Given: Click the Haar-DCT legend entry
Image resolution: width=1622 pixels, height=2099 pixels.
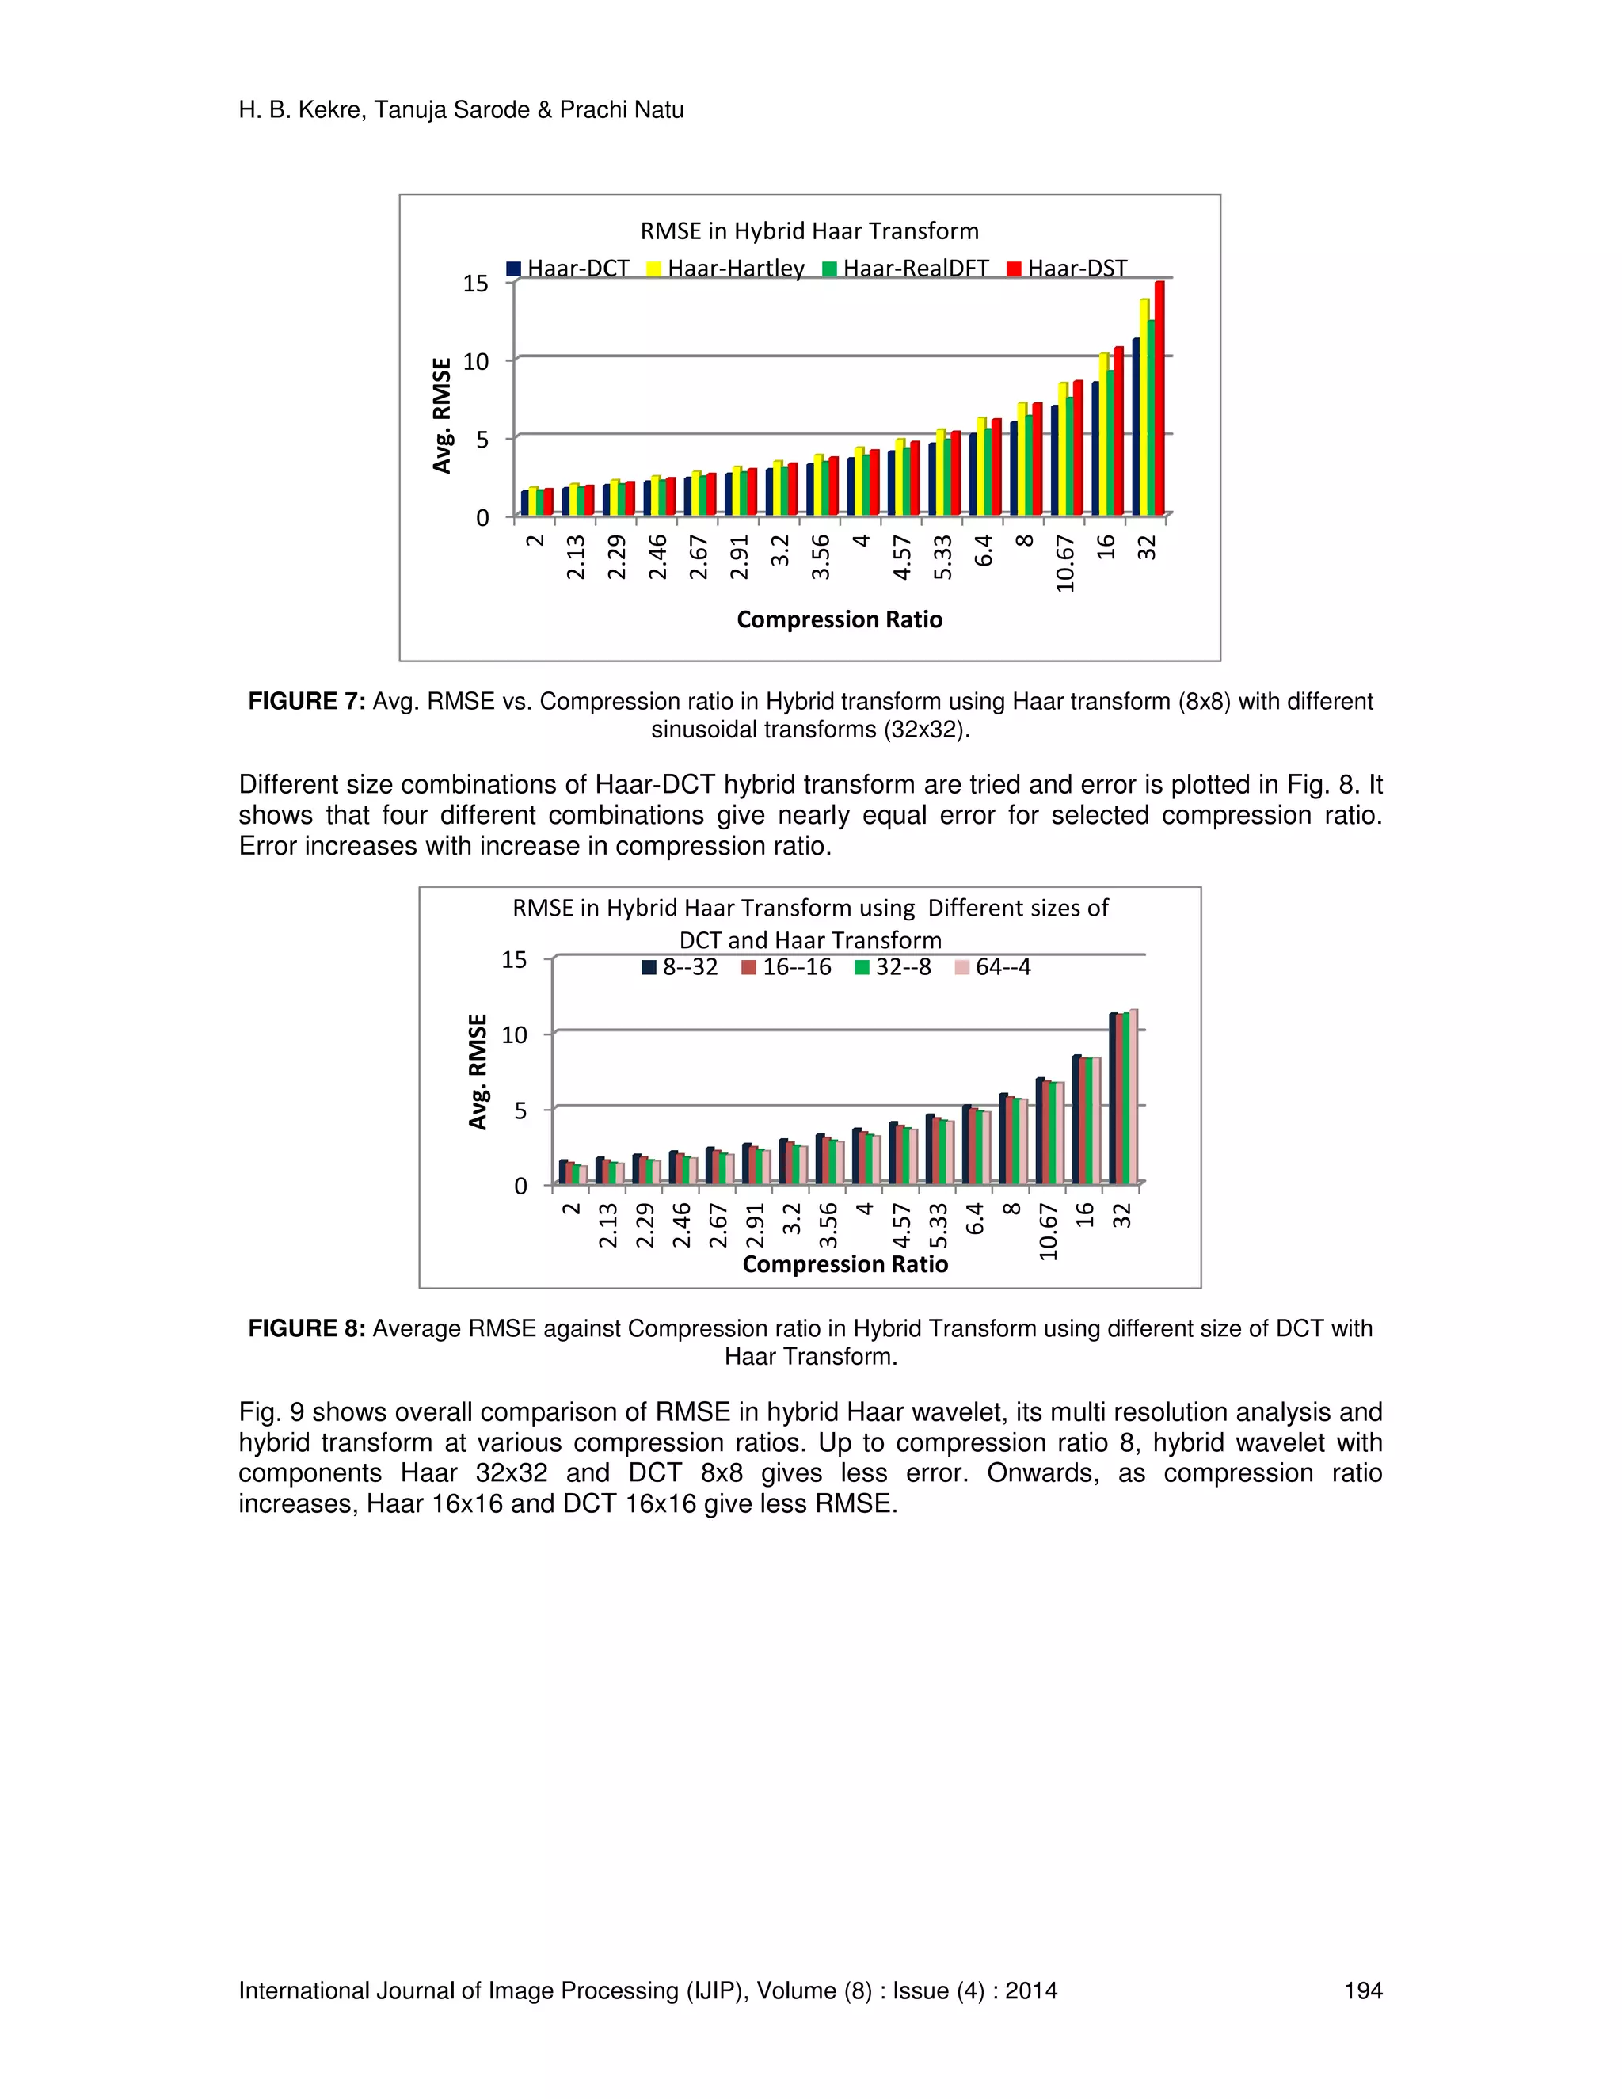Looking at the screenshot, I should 568,269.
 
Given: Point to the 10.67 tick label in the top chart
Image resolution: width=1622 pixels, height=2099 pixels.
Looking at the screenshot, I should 1064,564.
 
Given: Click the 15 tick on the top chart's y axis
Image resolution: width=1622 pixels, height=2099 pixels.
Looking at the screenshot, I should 476,284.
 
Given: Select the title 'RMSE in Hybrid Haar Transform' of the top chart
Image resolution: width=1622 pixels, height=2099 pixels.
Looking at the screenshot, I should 809,230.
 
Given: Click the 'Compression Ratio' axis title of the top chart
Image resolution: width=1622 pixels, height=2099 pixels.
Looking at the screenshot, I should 839,620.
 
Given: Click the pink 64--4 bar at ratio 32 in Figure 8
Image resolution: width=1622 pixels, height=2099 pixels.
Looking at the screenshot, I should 1134,1098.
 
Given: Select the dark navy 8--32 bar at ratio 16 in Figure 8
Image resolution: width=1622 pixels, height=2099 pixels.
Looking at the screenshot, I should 1077,1120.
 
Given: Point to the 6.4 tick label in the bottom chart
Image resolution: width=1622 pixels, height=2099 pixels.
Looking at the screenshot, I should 975,1219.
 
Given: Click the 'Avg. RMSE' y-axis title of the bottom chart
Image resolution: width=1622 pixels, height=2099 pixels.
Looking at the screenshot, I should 478,1072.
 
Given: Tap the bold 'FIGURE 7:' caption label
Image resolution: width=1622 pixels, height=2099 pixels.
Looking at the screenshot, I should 307,702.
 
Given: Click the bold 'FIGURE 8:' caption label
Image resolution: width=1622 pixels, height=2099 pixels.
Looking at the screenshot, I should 307,1328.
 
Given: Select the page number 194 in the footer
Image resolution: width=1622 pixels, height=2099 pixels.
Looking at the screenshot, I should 1362,1990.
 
